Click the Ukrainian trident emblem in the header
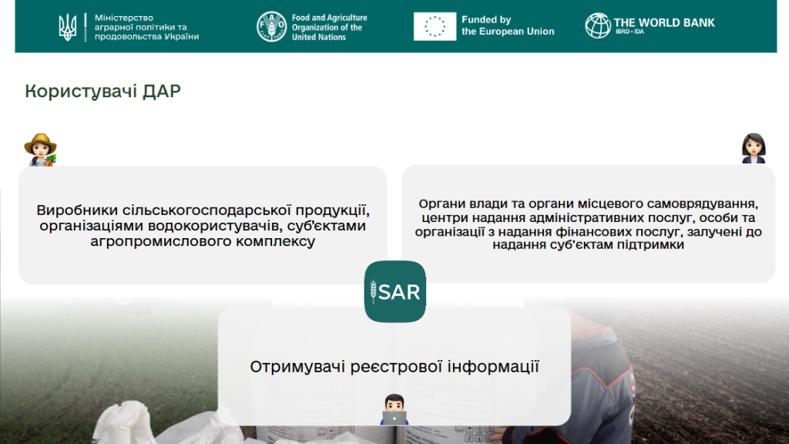pos(68,27)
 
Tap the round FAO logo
pos(272,27)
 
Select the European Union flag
pos(435,26)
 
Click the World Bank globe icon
pos(598,25)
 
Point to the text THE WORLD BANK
pos(664,22)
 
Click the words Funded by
pos(486,19)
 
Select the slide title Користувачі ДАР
pos(102,91)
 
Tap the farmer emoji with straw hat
pos(40,150)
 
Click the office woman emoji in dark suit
pos(754,148)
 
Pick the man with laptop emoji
pos(394,409)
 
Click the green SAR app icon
pos(395,291)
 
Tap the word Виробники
pos(77,210)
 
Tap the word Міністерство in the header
pos(124,18)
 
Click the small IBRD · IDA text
pos(630,32)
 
